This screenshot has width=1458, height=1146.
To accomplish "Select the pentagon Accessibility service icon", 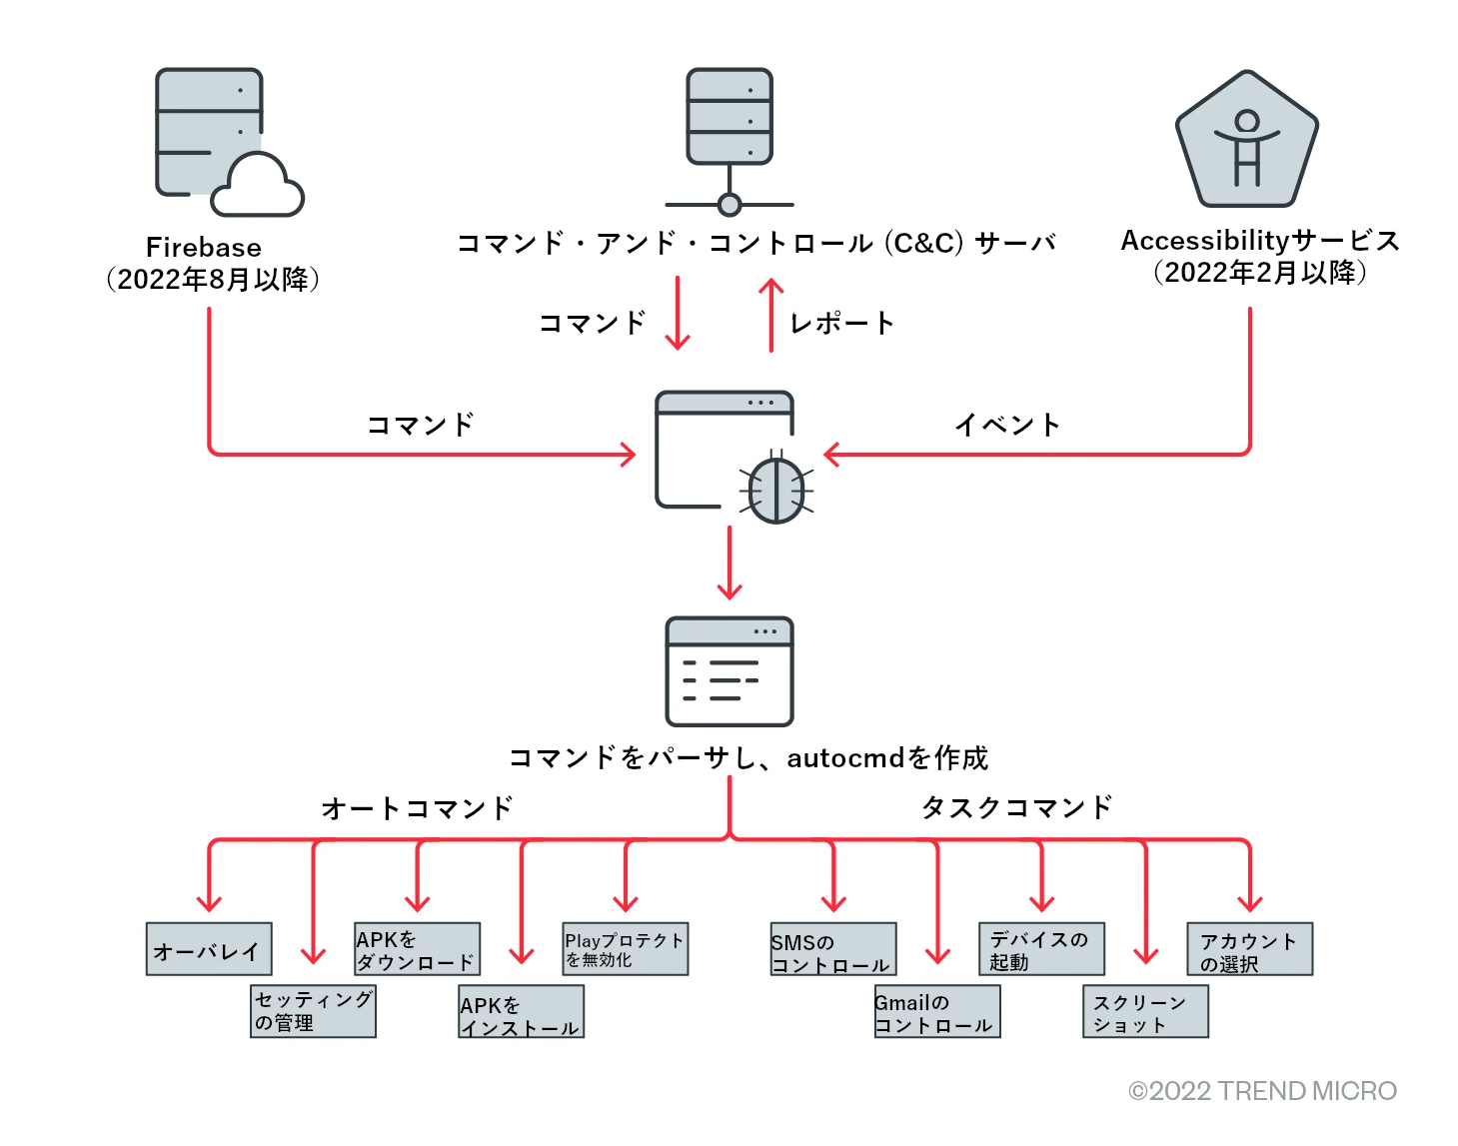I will point(1246,141).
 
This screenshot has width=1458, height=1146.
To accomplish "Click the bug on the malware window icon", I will point(776,489).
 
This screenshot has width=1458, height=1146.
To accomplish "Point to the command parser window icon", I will point(729,671).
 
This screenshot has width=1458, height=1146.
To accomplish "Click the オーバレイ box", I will point(209,949).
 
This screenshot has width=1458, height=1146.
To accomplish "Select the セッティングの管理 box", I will point(313,1011).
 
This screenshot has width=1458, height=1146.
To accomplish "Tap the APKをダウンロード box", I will point(418,949).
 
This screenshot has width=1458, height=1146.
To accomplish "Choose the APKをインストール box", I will point(522,1012).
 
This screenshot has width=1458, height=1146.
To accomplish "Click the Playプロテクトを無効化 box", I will point(626,949).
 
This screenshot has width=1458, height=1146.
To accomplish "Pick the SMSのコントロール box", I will point(833,950).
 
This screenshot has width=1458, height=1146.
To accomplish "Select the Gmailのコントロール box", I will point(937,1012).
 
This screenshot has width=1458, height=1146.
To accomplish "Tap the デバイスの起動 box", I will point(1041,949).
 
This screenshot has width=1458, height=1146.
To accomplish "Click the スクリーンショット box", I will point(1145,1012).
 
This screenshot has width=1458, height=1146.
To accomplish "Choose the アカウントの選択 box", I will point(1249,949).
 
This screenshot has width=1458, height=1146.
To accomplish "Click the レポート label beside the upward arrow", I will point(841,323).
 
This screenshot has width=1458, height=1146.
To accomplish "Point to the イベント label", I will point(1007,425).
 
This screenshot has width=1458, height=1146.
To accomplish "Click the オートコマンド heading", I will point(417,807).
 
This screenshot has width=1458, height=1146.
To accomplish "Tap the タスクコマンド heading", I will point(1016,807).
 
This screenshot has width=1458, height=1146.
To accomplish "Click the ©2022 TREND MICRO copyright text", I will point(1262,1091).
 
